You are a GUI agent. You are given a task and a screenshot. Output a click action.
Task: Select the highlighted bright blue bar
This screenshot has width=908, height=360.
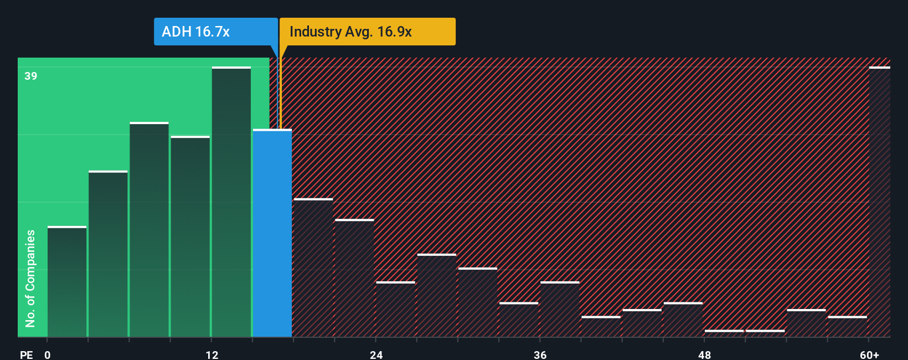272,233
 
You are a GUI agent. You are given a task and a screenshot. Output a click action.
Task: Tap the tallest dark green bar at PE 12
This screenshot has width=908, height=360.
231,202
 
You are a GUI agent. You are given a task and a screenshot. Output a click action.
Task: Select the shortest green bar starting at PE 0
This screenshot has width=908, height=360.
67,281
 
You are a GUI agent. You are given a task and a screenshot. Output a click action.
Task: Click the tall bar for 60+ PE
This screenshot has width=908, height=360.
879,202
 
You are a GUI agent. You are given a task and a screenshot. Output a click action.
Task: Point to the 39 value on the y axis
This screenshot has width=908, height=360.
31,76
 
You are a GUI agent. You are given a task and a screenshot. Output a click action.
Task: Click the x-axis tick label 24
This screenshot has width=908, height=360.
376,354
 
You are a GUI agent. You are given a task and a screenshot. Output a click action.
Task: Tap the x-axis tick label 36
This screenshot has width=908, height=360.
540,354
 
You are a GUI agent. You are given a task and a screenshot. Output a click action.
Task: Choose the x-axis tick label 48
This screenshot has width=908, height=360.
704,354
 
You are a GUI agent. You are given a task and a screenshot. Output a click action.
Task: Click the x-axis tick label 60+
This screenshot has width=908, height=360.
869,354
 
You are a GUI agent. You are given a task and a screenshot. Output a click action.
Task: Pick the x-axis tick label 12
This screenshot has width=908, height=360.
212,354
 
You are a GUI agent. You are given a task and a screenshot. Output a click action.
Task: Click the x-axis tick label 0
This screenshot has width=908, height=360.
48,354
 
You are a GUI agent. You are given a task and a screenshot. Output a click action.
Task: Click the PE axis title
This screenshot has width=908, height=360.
26,354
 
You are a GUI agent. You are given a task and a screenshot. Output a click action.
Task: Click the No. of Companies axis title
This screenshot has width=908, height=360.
30,278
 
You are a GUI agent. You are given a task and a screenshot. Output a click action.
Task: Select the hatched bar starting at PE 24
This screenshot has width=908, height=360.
395,309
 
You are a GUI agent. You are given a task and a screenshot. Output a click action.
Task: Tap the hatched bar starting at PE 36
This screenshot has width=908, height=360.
560,309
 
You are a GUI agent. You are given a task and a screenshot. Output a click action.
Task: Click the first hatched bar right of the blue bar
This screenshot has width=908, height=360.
313,268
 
